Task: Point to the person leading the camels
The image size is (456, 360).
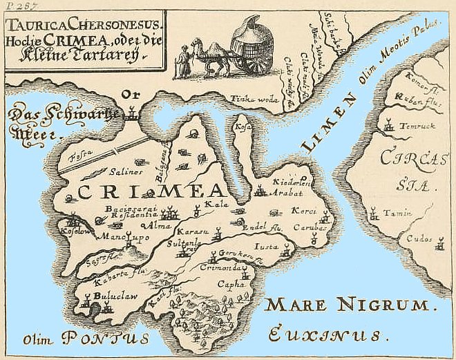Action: [x=182, y=62]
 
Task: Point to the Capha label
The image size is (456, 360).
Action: [x=229, y=282]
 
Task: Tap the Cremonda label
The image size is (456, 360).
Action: [x=217, y=267]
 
